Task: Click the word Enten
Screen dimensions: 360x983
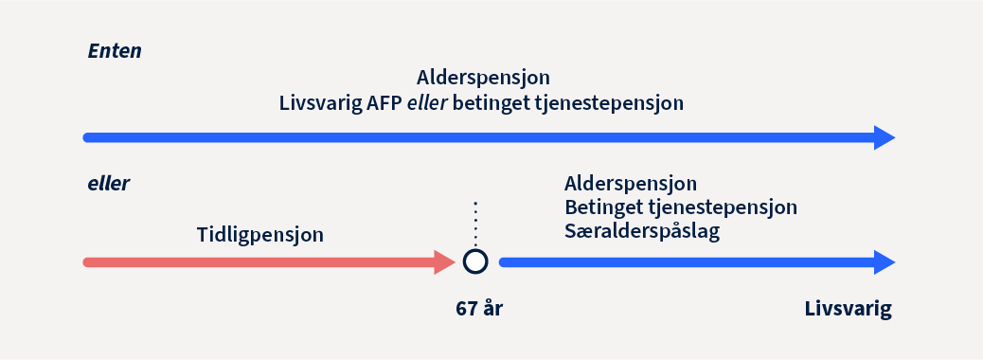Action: pyautogui.click(x=115, y=51)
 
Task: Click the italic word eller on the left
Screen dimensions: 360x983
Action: pyautogui.click(x=108, y=184)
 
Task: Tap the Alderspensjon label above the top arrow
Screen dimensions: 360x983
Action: pyautogui.click(x=483, y=78)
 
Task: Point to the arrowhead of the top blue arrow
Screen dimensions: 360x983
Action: pyautogui.click(x=884, y=137)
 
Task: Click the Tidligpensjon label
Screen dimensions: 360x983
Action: pyautogui.click(x=260, y=234)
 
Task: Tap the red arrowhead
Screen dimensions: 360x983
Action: pyautogui.click(x=445, y=261)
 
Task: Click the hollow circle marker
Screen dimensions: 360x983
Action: pyautogui.click(x=475, y=261)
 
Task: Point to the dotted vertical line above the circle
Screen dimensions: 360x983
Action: pyautogui.click(x=475, y=224)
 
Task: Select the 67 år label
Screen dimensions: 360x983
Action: pyautogui.click(x=478, y=309)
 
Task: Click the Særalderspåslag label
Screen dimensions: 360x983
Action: pyautogui.click(x=641, y=232)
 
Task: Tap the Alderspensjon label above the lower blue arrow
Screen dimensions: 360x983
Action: pyautogui.click(x=631, y=183)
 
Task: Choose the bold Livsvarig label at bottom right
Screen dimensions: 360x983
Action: pyautogui.click(x=849, y=309)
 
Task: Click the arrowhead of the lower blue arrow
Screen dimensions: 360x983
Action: pyautogui.click(x=884, y=261)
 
